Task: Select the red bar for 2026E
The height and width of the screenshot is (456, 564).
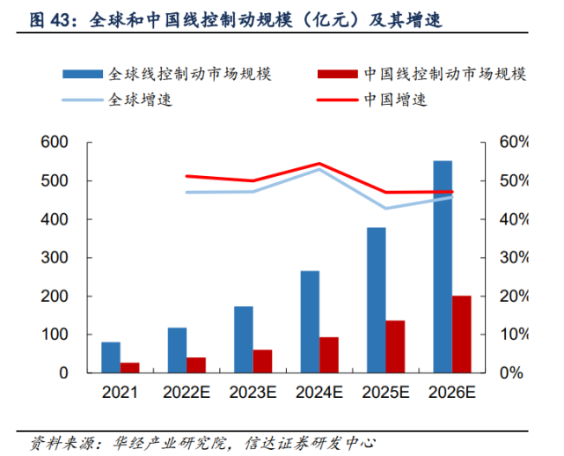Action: [461, 335]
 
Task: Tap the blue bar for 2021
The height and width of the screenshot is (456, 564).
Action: [111, 357]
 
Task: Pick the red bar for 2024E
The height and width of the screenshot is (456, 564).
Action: [328, 355]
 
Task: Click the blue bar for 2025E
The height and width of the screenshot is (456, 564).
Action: [377, 300]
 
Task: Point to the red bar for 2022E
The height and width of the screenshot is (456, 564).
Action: [195, 364]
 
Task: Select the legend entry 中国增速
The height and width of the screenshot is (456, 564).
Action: [395, 99]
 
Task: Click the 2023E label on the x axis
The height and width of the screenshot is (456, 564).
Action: [253, 393]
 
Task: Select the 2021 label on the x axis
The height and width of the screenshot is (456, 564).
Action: [121, 393]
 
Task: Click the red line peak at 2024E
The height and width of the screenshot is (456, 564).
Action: [319, 164]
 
